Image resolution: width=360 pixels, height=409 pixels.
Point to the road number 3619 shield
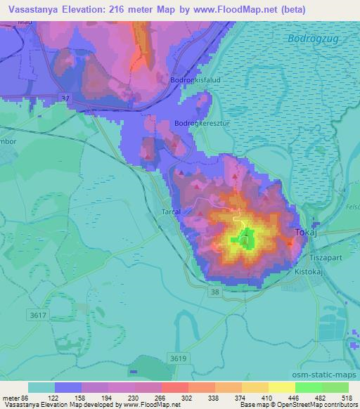click(179, 358)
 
